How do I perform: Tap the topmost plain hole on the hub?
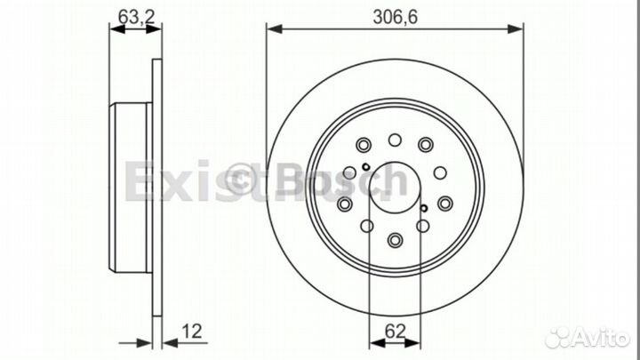[x=395, y=139]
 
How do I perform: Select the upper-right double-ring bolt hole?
[x=427, y=145]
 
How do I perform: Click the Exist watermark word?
[x=169, y=182]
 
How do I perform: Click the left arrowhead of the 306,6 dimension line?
[x=273, y=30]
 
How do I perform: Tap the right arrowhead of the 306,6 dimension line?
[x=518, y=30]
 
